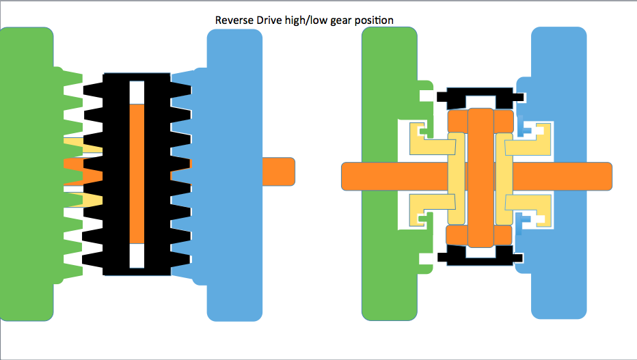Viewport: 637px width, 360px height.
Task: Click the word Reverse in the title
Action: point(233,20)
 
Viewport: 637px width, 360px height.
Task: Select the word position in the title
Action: point(372,20)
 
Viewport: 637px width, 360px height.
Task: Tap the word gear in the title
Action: point(336,20)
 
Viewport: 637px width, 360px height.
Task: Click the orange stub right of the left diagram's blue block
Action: point(277,171)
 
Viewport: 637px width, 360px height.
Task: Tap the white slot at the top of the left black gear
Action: point(137,91)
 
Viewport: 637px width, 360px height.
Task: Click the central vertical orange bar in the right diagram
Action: point(480,178)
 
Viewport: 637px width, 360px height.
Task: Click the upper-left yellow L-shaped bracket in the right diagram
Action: point(427,139)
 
